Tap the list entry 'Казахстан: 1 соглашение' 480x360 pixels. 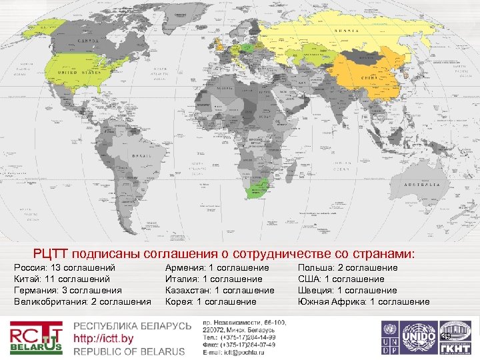pos(219,290)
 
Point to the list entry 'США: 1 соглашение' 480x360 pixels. pos(340,279)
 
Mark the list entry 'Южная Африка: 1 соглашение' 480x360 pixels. pos(363,301)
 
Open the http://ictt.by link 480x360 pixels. pos(103,339)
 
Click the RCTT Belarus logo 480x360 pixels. pos(36,337)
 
